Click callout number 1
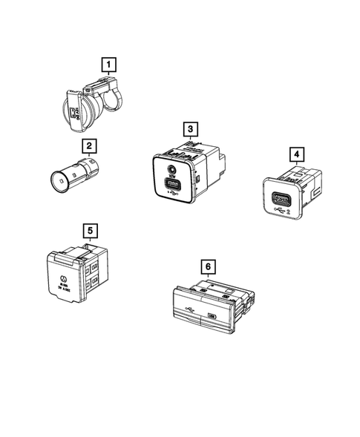point(108,65)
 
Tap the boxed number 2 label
point(89,147)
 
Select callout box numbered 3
point(192,129)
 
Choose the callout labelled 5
point(89,231)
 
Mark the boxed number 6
point(208,263)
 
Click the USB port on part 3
point(172,182)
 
